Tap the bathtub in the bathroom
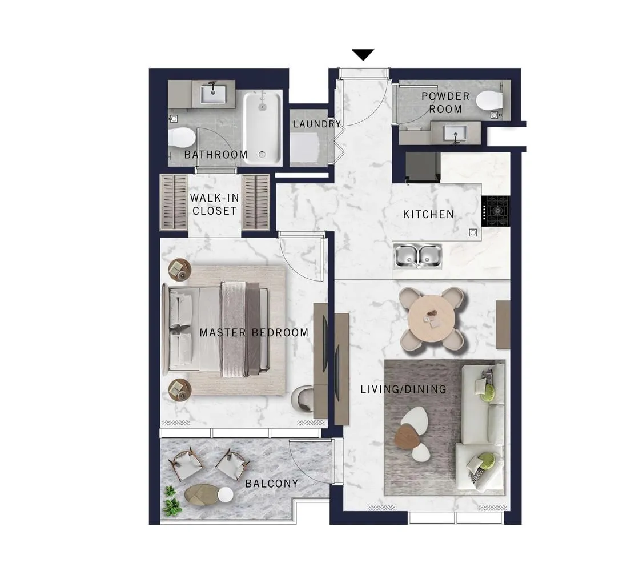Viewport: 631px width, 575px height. click(262, 127)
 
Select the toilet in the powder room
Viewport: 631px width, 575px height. click(489, 100)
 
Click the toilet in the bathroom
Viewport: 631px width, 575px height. click(182, 137)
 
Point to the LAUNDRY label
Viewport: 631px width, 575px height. click(317, 124)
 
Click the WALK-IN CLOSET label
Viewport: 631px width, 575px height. click(214, 204)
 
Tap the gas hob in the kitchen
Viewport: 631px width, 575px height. click(496, 211)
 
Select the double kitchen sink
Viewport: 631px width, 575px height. click(417, 256)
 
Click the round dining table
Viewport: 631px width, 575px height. click(431, 319)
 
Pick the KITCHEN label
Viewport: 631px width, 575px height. click(429, 215)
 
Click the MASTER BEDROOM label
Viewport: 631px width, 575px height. click(254, 333)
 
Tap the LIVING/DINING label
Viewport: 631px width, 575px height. click(403, 389)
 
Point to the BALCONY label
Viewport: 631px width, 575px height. click(272, 483)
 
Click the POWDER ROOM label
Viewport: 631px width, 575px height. click(445, 103)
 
